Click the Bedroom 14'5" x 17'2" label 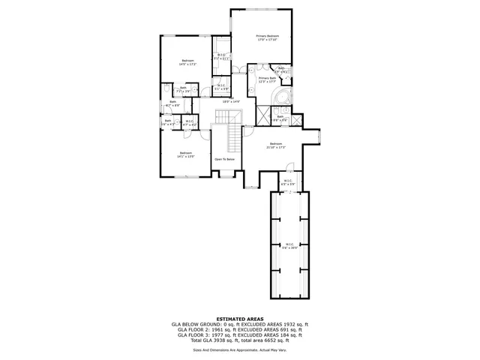[187, 62]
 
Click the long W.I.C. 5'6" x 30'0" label [288, 245]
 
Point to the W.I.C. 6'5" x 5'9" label [288, 182]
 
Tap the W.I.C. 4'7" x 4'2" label [190, 123]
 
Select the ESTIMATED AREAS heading [239, 318]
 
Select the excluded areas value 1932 [286, 324]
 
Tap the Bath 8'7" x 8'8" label [172, 103]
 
